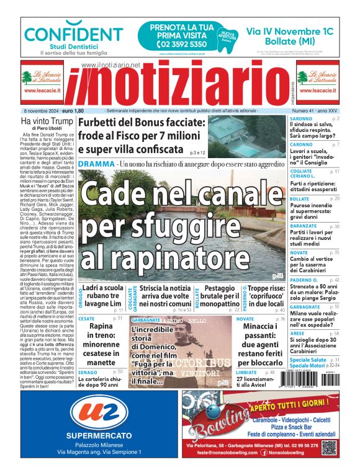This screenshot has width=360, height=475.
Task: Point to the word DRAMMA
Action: pyautogui.click(x=96, y=164)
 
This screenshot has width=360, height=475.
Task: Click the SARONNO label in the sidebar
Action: pyautogui.click(x=301, y=118)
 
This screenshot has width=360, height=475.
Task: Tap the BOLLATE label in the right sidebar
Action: pyautogui.click(x=300, y=198)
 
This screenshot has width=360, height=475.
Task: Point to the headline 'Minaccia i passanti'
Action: pyautogui.click(x=260, y=343)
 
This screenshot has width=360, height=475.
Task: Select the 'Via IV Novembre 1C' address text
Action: pyautogui.click(x=290, y=32)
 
